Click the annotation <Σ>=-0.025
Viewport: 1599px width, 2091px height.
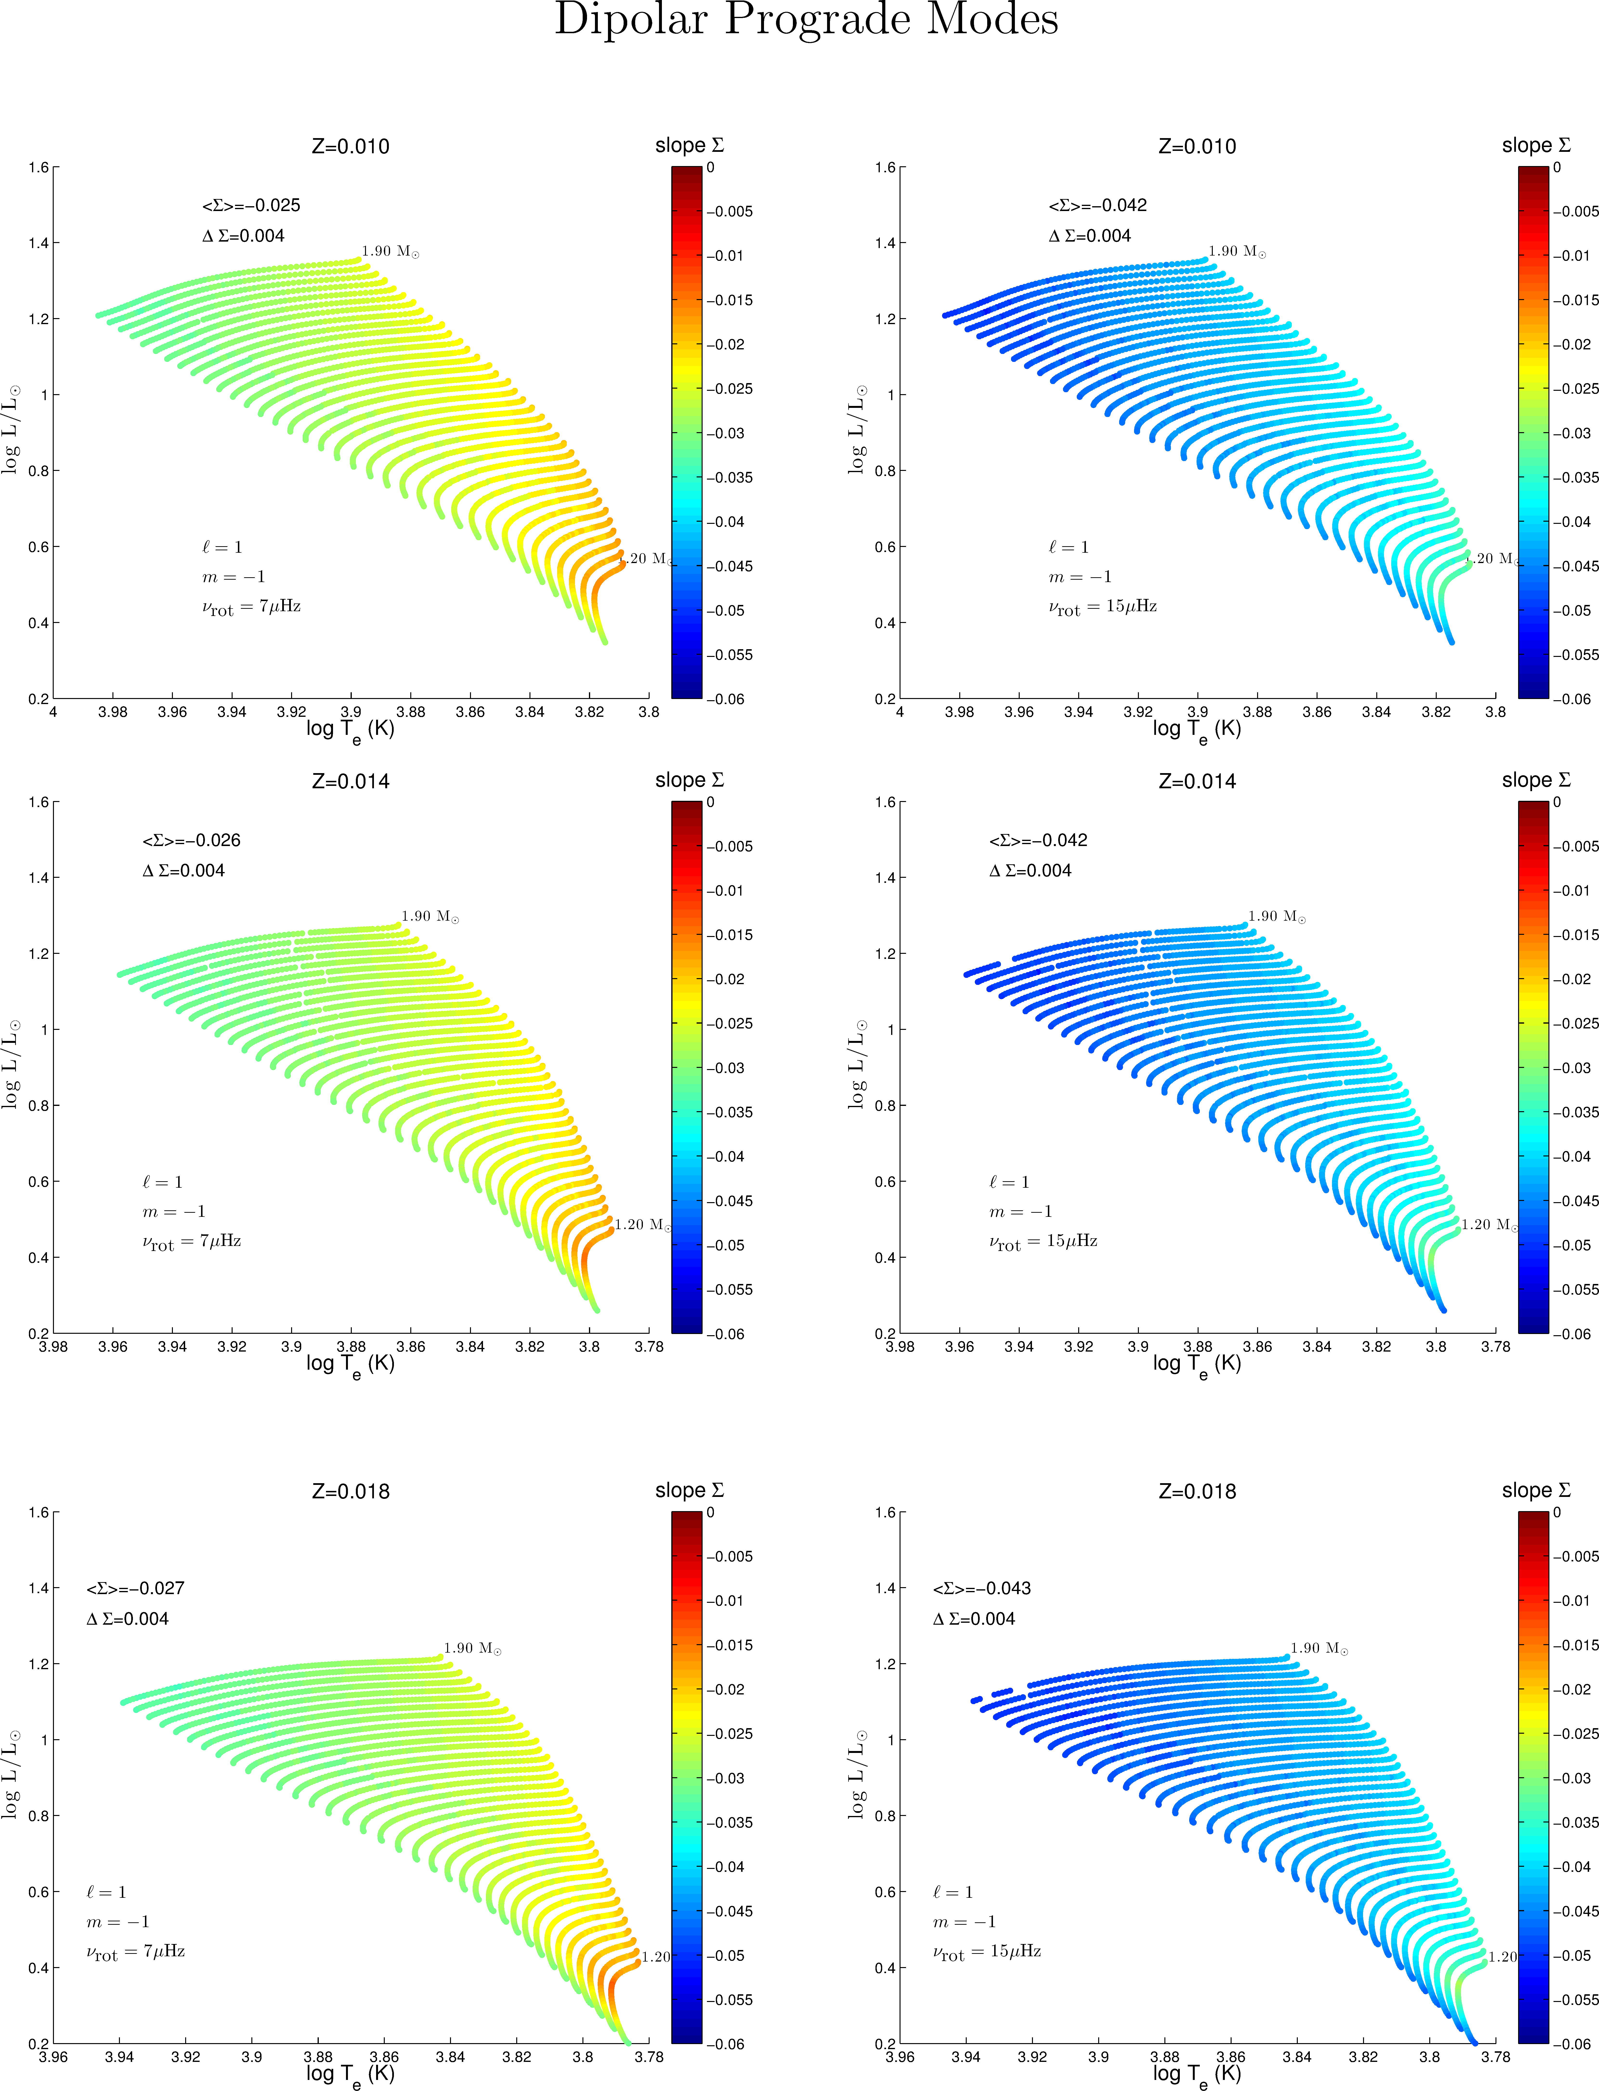(x=251, y=205)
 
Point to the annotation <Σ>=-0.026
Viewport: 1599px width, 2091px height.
(x=191, y=840)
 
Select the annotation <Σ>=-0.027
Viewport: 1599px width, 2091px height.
(x=135, y=1588)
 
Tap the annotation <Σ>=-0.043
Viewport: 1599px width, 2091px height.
(x=981, y=1588)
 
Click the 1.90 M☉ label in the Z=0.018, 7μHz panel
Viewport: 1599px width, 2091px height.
(x=472, y=1648)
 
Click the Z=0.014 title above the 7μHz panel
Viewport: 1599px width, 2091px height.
(x=350, y=781)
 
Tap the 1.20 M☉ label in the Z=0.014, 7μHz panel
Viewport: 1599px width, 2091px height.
(x=642, y=1224)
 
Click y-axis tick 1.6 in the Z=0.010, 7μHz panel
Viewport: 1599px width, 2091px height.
(x=38, y=167)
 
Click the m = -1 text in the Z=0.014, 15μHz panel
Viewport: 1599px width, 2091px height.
(x=1020, y=1211)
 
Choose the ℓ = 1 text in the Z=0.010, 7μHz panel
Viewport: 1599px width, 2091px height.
(x=222, y=547)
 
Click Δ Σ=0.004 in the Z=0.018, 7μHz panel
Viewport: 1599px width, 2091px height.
(x=128, y=1618)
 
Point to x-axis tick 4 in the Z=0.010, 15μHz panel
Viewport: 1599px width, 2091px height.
(x=900, y=712)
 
